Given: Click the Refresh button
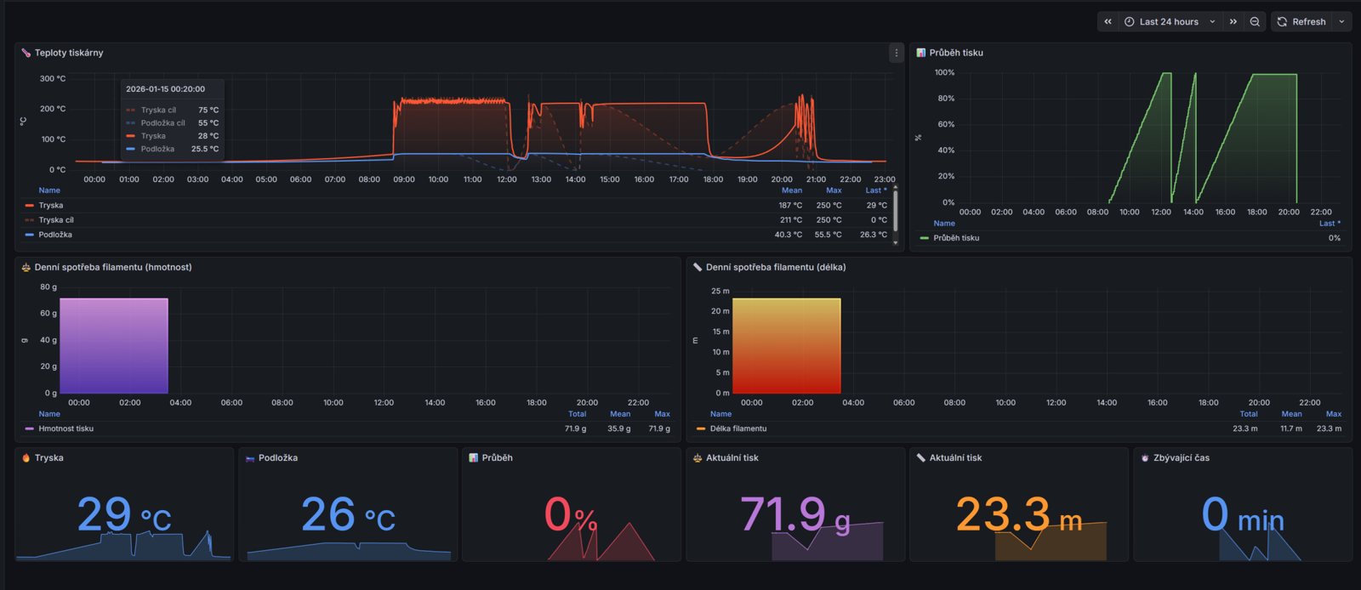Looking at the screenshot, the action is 1302,22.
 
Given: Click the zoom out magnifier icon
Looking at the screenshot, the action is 1255,22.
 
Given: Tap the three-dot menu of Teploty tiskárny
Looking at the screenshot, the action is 897,53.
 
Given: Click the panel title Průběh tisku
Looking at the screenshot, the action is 956,53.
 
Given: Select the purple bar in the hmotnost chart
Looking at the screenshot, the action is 114,345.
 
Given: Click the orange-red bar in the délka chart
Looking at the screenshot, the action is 786,345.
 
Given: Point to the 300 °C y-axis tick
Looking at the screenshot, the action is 53,78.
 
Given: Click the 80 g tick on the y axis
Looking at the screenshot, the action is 48,286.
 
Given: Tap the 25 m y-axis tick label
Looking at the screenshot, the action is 720,291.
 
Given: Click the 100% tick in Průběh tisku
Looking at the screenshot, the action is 944,72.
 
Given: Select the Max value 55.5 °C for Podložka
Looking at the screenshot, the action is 829,235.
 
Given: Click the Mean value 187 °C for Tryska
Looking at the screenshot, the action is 790,205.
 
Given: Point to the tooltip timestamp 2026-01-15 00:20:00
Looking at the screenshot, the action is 165,88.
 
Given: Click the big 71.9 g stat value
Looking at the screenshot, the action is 794,514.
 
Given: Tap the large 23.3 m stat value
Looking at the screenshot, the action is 1019,514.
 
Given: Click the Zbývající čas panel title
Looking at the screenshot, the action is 1182,457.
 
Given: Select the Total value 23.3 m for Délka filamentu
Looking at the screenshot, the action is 1245,428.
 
